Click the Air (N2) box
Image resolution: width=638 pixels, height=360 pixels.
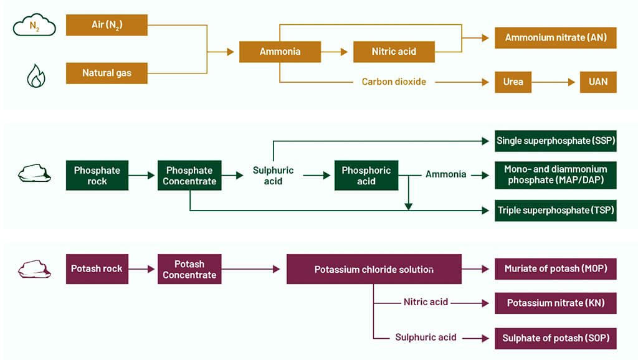(x=107, y=25)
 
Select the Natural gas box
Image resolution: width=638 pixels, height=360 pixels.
(x=107, y=73)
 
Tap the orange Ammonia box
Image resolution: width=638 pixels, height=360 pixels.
(x=280, y=52)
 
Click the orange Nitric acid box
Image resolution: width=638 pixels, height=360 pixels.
(x=394, y=52)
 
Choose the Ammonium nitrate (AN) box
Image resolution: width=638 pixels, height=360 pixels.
(x=555, y=37)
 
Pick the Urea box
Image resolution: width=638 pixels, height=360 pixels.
(x=513, y=82)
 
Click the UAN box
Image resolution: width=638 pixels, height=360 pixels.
(x=598, y=82)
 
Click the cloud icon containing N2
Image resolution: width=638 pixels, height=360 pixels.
(x=35, y=27)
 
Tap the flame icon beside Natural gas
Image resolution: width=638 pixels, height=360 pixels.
(x=35, y=75)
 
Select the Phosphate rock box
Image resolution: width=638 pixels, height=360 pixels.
(x=97, y=176)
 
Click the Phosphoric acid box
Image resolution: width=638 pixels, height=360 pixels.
(x=366, y=176)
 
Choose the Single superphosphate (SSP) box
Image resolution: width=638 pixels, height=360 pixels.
(x=555, y=141)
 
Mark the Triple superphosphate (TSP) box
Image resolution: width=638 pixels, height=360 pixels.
(x=555, y=211)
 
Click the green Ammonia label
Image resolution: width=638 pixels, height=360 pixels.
(x=445, y=174)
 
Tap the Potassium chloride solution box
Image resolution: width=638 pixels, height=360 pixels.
(x=374, y=269)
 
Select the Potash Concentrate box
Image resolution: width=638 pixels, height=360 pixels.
(x=189, y=269)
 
